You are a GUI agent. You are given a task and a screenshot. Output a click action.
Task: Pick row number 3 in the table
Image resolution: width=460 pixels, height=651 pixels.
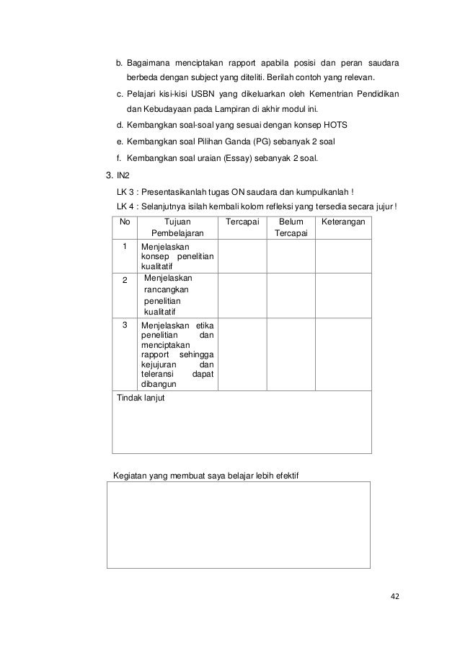pos(124,325)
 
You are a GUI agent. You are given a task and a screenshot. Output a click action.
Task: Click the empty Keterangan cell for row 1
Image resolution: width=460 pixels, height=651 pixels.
pos(343,256)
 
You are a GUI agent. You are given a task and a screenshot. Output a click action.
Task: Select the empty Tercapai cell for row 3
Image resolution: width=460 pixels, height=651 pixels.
pos(242,354)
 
